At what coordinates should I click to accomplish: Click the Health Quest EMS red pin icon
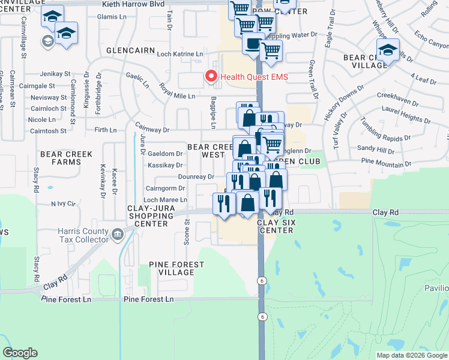tap(211, 76)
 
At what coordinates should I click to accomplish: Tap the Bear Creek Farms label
tap(66, 158)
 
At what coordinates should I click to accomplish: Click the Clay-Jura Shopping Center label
tap(139, 216)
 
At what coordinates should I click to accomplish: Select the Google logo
tap(20, 353)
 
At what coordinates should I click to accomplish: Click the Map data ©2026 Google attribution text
tap(411, 355)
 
